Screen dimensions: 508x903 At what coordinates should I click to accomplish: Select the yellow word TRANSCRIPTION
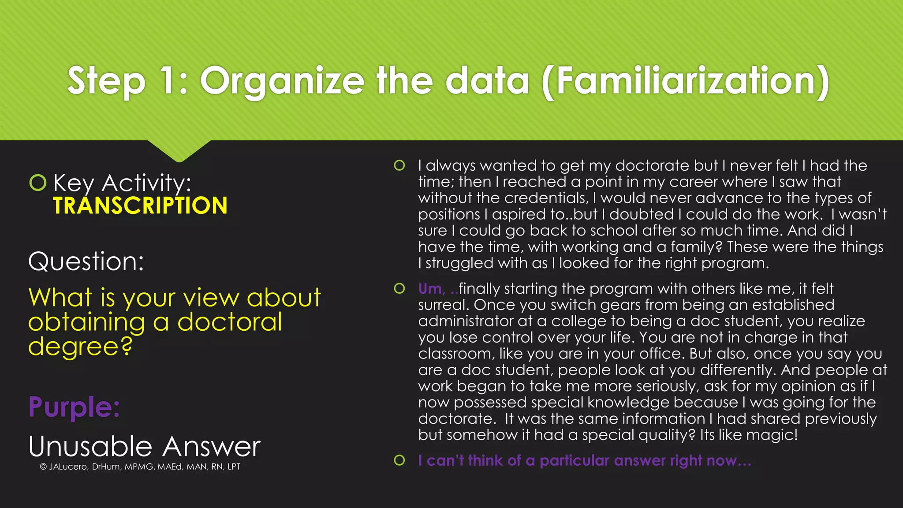[140, 206]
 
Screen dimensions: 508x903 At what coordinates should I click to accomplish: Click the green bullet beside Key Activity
[38, 182]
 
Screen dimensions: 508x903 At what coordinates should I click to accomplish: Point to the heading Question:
[86, 261]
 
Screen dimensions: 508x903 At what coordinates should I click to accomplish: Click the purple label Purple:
[74, 407]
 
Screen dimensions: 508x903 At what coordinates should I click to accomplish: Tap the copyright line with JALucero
[140, 467]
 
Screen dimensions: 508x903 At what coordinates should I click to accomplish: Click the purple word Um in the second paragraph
[430, 289]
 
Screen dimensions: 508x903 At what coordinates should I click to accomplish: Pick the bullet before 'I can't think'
[399, 460]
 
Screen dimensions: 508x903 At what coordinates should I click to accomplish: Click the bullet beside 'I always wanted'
[399, 165]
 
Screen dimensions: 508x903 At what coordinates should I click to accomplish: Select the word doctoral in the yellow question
[229, 322]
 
